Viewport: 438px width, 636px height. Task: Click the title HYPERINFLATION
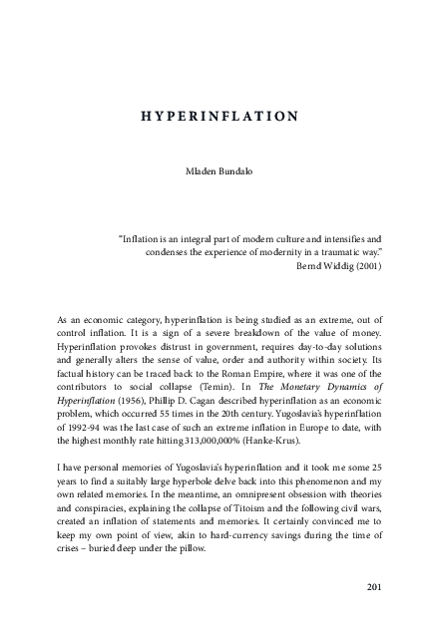click(219, 116)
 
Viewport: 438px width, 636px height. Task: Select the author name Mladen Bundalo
click(219, 171)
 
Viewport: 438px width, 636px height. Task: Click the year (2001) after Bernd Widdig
click(364, 268)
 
